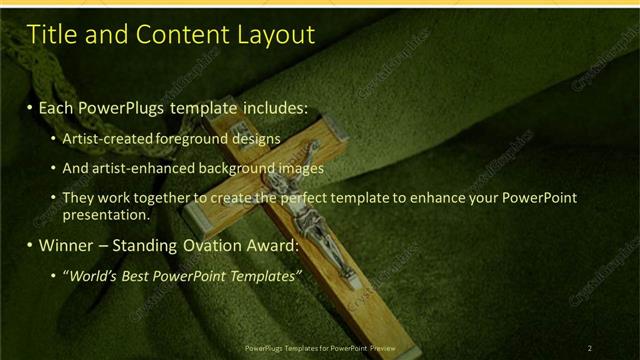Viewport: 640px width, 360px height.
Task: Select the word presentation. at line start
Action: point(105,214)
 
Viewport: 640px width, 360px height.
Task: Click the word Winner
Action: point(65,245)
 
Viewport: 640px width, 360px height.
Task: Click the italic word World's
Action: point(95,275)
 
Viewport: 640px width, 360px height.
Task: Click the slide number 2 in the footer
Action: point(590,348)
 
